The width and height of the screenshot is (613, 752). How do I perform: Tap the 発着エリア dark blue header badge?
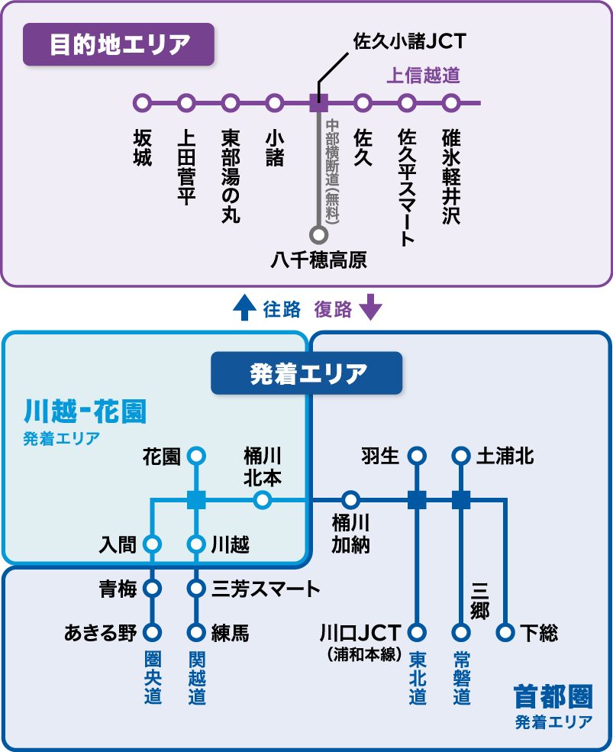(x=306, y=373)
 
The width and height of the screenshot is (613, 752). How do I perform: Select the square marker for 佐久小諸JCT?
(x=318, y=102)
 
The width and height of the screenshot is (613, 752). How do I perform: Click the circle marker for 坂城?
(x=142, y=102)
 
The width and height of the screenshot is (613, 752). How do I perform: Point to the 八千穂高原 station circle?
(x=318, y=234)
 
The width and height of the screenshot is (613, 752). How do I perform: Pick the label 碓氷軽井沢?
(x=451, y=176)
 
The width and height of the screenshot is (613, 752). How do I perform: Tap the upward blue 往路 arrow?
(x=244, y=307)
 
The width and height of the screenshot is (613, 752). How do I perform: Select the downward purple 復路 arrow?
(x=370, y=307)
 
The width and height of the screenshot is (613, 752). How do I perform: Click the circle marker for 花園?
(x=197, y=457)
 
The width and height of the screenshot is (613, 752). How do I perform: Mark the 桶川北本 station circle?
(x=262, y=500)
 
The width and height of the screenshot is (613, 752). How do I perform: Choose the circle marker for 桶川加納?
(x=350, y=500)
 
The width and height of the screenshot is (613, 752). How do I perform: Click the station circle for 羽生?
(x=417, y=457)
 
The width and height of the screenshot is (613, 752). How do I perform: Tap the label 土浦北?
(x=505, y=457)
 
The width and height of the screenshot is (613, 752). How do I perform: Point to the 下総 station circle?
(x=505, y=633)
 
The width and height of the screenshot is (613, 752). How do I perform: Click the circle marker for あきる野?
(x=153, y=633)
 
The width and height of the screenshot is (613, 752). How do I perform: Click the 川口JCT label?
(x=360, y=633)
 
